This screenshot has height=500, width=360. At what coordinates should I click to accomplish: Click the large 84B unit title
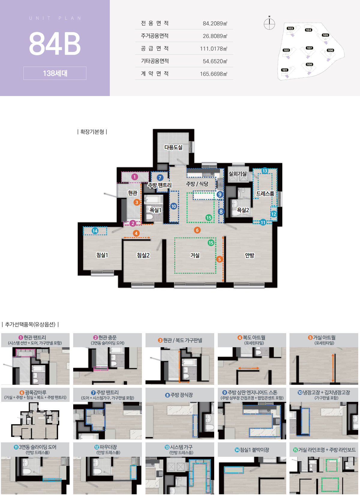55,43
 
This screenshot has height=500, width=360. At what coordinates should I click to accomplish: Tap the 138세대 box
55,73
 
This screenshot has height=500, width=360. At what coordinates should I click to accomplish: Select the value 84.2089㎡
215,23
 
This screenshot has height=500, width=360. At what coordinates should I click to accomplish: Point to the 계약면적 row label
155,74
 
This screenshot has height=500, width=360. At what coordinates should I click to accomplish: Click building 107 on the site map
309,48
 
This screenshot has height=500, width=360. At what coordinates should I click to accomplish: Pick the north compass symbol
269,23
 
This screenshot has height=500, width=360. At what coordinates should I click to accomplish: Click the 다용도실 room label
173,147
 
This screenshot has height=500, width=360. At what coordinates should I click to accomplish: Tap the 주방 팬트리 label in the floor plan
160,185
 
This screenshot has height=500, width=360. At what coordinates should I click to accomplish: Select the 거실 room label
195,255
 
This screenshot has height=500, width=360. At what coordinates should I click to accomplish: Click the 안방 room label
250,255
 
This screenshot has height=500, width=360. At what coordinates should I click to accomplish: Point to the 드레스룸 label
265,194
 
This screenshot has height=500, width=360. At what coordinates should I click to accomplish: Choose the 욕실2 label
243,210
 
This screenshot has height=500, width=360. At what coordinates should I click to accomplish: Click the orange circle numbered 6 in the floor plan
197,230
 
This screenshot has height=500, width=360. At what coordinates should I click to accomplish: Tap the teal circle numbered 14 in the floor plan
95,231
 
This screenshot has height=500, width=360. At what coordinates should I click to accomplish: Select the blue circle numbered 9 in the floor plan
220,194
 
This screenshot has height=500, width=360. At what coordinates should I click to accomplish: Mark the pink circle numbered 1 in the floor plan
135,177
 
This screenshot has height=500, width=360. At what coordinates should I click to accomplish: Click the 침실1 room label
102,255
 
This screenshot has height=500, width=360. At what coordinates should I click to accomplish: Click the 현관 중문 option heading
107,338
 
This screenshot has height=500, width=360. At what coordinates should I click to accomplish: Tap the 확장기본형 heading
92,132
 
